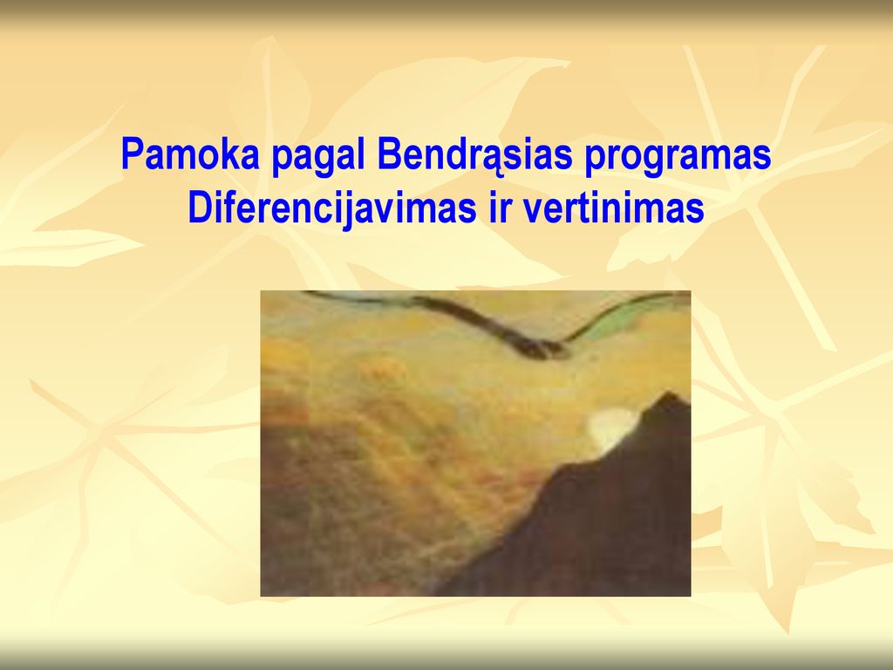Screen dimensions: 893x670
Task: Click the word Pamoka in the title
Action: click(189, 154)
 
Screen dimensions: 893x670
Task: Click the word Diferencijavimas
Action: click(331, 209)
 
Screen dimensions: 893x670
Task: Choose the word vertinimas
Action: click(613, 208)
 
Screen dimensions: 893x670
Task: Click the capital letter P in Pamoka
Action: click(132, 154)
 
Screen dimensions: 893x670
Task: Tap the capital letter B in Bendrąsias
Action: click(389, 154)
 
